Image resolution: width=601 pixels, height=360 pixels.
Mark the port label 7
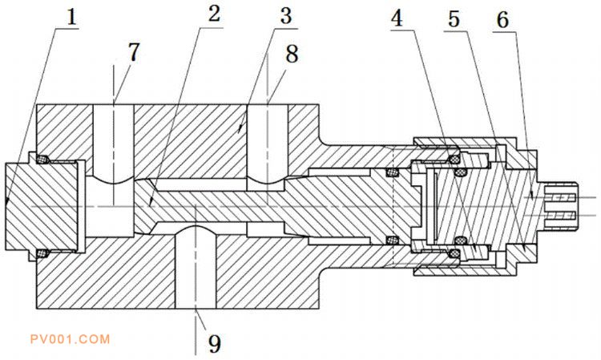tap(133, 53)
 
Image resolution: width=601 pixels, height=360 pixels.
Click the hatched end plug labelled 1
tap(40, 206)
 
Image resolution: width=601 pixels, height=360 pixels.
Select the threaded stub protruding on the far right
tap(562, 197)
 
